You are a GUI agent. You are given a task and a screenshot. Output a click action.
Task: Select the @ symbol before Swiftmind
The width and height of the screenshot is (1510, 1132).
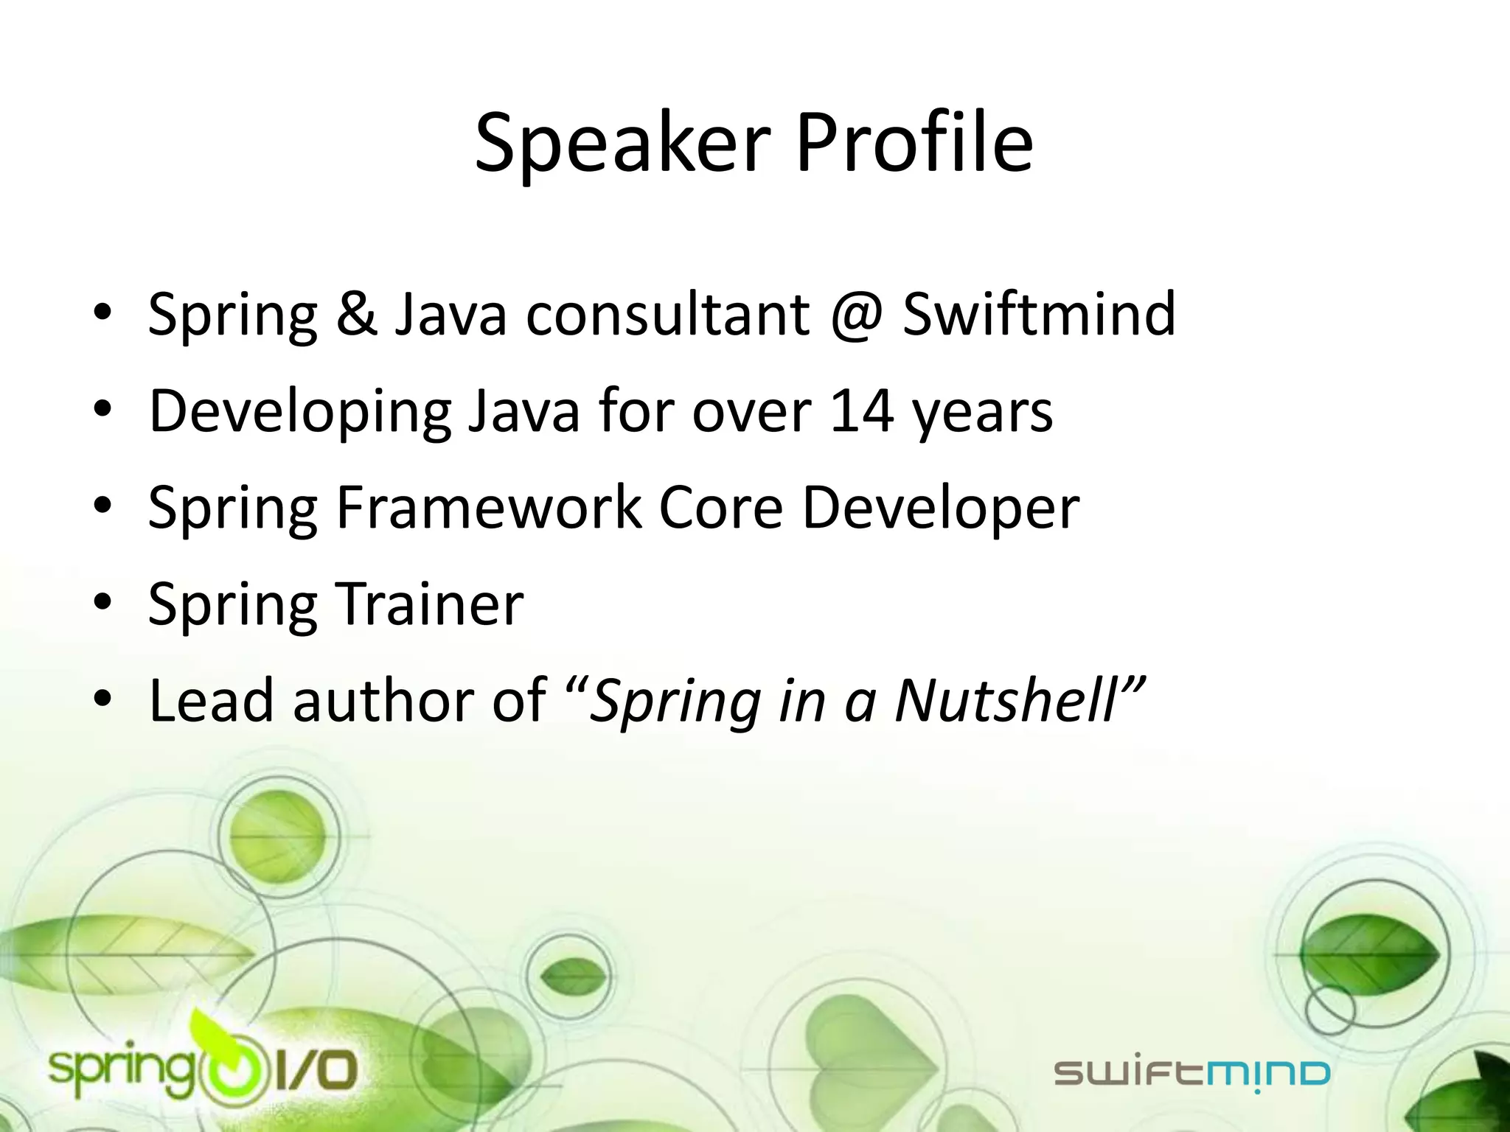tap(856, 315)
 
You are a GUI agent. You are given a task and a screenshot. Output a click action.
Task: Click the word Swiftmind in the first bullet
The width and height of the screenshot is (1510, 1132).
tap(1039, 315)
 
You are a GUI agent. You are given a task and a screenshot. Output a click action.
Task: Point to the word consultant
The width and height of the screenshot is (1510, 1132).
tap(667, 315)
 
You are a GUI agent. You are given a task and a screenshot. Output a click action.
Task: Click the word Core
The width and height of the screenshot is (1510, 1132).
tap(720, 508)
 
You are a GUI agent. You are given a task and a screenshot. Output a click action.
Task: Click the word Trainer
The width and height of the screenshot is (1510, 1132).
tap(430, 604)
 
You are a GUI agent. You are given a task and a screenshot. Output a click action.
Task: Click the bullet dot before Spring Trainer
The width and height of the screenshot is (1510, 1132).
tap(102, 604)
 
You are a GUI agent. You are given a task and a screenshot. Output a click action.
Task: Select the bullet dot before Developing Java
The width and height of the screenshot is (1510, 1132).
tap(102, 410)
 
